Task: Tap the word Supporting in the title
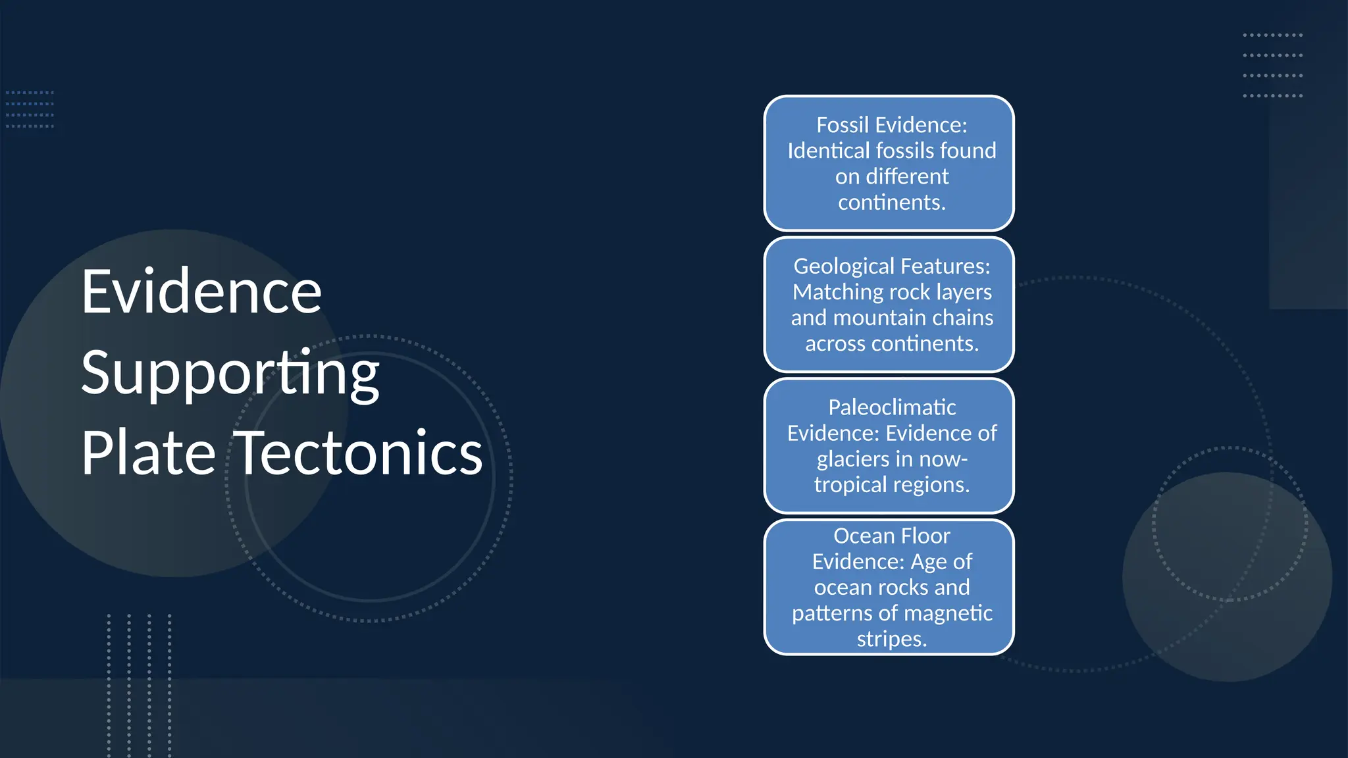coord(230,373)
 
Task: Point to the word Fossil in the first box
coord(842,125)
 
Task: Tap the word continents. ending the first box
coord(892,202)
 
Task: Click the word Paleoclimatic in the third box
coord(892,407)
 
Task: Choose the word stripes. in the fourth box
coord(892,639)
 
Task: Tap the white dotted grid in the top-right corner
coord(1272,65)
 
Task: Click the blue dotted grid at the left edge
coord(30,109)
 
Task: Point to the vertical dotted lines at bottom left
coord(139,684)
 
